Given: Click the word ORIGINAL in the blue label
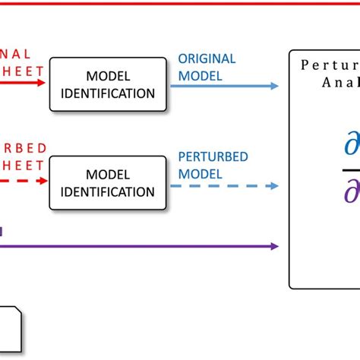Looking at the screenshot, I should click(207, 58).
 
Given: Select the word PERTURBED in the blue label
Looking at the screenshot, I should click(212, 157).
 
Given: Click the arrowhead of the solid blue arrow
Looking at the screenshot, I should click(273, 86).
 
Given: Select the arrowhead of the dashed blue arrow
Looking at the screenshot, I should click(273, 185).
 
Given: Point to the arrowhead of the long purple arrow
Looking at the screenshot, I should click(273, 246).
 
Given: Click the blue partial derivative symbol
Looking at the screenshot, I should click(352, 146).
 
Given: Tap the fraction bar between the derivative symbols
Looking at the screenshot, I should click(350, 169).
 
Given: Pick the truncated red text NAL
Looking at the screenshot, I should click(16, 54).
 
